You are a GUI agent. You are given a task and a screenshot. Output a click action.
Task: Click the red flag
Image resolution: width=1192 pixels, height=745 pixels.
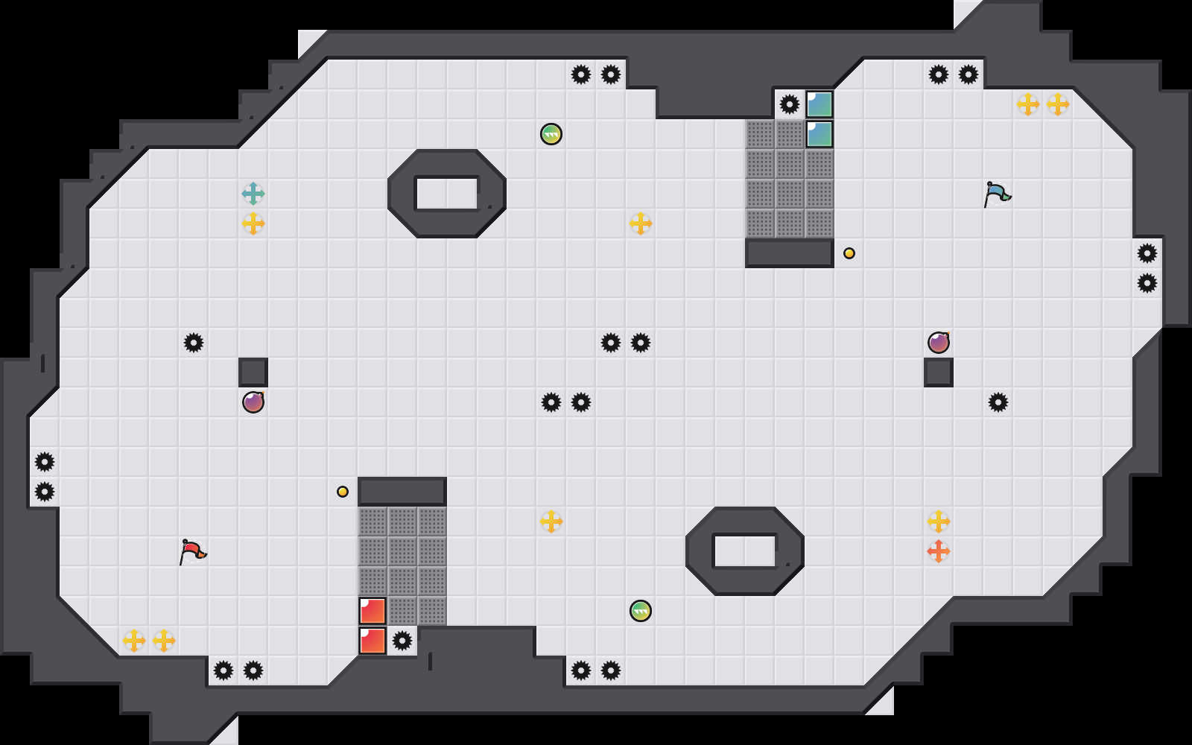[192, 551]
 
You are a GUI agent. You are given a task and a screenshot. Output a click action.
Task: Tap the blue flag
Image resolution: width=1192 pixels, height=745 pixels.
[997, 194]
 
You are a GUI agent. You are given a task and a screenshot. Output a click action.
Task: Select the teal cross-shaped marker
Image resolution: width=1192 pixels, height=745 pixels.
[253, 194]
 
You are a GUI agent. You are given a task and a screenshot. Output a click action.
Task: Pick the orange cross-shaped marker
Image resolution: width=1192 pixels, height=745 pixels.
[939, 551]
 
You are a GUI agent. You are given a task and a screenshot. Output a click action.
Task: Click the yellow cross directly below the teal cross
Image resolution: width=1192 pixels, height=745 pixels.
[253, 223]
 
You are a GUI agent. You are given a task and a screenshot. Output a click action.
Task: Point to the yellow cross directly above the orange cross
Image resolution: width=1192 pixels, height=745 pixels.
[939, 521]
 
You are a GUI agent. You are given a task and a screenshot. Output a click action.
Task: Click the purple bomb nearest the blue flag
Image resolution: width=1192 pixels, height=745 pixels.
[939, 343]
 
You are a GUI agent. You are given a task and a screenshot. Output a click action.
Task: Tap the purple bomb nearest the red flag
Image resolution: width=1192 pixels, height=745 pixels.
[253, 402]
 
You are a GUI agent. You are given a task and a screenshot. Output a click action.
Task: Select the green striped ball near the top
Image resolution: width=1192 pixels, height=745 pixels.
[551, 134]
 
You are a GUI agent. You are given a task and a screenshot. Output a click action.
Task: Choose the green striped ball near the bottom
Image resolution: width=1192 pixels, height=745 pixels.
[641, 611]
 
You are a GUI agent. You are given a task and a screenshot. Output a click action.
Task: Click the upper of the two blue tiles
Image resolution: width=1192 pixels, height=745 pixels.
[819, 104]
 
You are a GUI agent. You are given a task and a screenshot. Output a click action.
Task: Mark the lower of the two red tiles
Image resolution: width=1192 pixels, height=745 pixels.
[372, 641]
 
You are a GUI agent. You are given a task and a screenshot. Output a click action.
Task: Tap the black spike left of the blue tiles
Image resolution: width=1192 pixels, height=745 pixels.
[790, 104]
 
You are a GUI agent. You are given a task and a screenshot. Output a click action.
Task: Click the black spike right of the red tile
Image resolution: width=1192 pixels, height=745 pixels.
[402, 641]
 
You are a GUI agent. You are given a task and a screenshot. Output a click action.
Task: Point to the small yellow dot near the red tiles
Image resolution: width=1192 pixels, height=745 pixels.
[343, 492]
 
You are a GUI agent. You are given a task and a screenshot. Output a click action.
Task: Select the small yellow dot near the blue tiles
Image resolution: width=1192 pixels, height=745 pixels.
[849, 253]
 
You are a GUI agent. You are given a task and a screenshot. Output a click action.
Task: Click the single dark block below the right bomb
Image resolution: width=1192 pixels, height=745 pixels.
[939, 372]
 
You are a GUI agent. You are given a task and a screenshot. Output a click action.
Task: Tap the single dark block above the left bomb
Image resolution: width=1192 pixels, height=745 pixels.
[253, 372]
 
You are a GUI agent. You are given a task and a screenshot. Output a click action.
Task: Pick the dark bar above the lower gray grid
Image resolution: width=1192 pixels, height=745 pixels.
[402, 492]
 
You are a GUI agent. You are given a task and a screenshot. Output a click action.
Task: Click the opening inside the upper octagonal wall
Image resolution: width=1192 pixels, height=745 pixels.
[447, 194]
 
